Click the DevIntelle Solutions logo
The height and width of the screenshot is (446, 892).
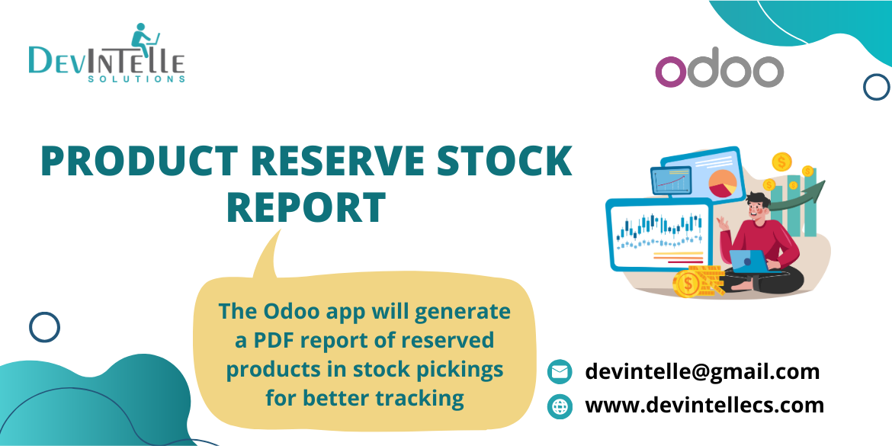(x=107, y=56)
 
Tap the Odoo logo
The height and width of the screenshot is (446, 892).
(x=719, y=71)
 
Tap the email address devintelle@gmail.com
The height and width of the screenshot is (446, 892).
(x=702, y=371)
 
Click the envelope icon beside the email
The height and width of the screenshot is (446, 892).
(x=560, y=372)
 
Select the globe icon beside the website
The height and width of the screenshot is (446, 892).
(x=560, y=406)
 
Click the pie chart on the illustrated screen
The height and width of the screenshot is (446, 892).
(x=722, y=183)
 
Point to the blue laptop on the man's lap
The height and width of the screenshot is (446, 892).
(x=749, y=260)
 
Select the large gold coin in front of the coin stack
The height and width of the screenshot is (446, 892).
(x=688, y=285)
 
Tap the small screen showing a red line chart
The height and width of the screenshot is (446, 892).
(x=671, y=181)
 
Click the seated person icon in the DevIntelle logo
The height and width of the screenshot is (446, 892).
(x=143, y=37)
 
